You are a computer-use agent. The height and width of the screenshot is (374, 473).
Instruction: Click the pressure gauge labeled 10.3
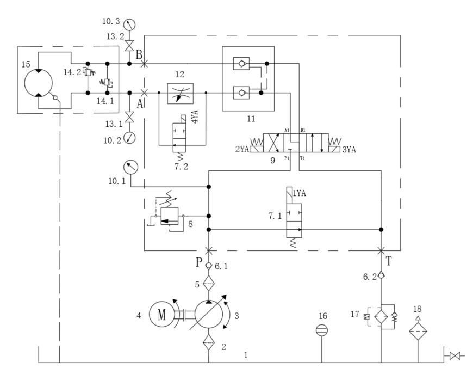129,24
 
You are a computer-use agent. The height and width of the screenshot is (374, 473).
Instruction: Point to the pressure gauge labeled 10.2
129,138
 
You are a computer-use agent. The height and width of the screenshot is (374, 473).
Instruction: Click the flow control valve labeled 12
182,93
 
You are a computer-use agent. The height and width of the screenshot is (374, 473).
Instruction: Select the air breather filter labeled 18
418,330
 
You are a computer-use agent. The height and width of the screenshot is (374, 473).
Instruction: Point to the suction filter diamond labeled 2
209,344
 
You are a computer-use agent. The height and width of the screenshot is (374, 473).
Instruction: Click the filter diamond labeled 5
209,283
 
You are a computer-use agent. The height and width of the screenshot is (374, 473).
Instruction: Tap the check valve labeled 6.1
209,266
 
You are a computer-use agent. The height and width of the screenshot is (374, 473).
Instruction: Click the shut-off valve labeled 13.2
129,46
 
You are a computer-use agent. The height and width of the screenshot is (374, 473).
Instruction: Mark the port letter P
199,263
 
